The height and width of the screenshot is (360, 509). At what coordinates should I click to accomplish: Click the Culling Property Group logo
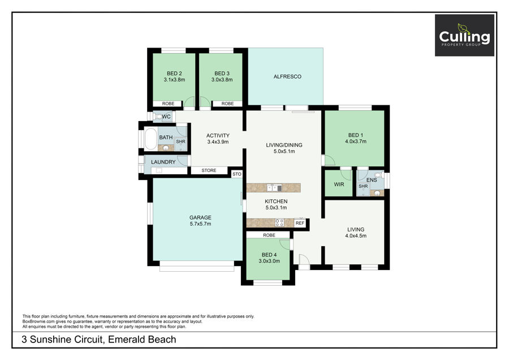(x=464, y=36)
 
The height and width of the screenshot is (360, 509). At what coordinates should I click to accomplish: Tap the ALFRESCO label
(x=287, y=76)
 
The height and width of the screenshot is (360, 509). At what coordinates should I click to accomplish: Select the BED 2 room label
(x=174, y=74)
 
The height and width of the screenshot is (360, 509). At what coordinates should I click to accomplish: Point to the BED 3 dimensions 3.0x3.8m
(x=222, y=80)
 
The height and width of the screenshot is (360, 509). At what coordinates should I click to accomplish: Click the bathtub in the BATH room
(x=150, y=139)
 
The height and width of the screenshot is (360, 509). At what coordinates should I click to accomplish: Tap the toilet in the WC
(x=158, y=117)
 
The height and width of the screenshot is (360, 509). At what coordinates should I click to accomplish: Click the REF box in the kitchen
(x=300, y=223)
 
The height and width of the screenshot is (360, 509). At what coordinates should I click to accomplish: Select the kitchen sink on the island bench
(x=274, y=188)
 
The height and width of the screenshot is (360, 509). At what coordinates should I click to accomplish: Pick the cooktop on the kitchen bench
(x=279, y=222)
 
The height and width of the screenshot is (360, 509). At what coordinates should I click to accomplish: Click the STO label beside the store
(x=237, y=174)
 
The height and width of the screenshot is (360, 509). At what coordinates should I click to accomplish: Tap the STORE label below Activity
(x=209, y=170)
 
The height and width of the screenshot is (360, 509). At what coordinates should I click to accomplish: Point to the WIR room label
(x=339, y=184)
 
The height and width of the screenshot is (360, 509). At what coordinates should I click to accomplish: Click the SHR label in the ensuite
(x=363, y=186)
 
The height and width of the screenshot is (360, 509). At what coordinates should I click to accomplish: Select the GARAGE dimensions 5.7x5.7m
(x=200, y=224)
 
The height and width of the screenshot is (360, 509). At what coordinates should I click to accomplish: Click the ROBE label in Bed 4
(x=269, y=235)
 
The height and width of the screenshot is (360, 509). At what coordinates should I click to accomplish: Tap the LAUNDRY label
(x=163, y=162)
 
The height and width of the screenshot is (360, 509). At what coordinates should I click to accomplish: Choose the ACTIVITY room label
(x=218, y=135)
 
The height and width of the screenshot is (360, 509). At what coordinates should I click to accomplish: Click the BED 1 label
(x=356, y=135)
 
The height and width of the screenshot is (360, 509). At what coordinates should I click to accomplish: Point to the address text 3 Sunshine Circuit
(x=62, y=340)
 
